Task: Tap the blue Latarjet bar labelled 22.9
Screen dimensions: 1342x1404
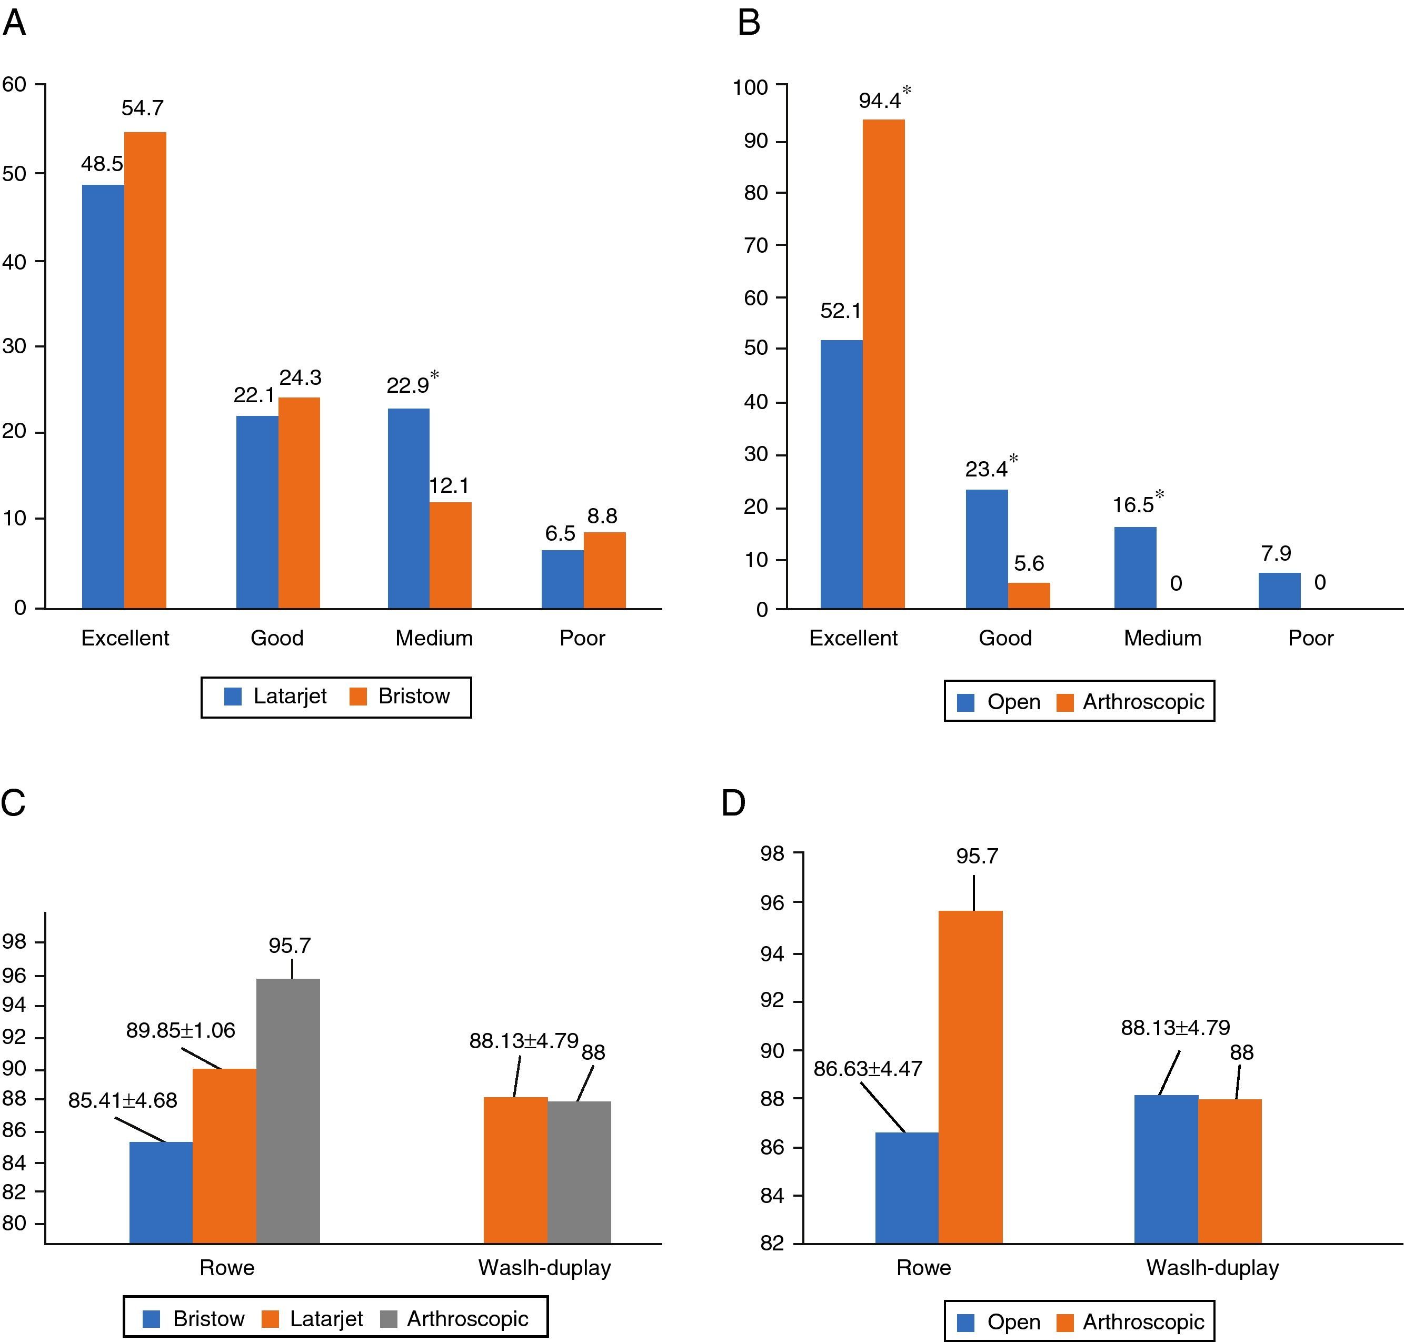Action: pyautogui.click(x=409, y=508)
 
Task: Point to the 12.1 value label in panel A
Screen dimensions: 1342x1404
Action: pyautogui.click(x=449, y=486)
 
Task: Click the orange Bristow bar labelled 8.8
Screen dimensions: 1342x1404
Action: pyautogui.click(x=604, y=570)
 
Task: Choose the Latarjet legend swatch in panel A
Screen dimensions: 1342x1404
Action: pyautogui.click(x=233, y=696)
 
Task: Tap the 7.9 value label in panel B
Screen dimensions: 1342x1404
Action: pyautogui.click(x=1276, y=553)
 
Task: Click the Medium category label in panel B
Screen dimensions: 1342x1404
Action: pyautogui.click(x=1162, y=638)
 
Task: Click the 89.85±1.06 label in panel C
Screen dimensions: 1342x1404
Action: pyautogui.click(x=180, y=1030)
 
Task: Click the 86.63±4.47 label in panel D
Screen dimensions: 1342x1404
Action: pyautogui.click(x=868, y=1068)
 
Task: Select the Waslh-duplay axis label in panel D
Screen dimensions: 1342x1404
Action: pyautogui.click(x=1212, y=1268)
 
